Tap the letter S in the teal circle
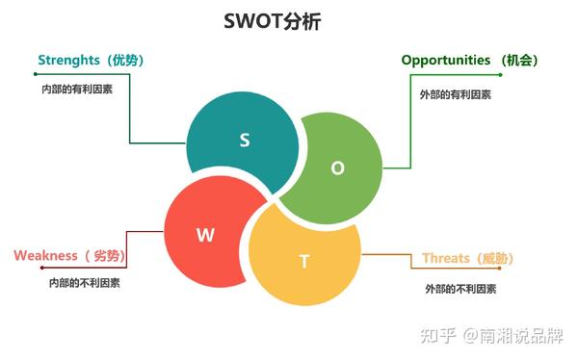(x=245, y=141)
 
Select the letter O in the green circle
(x=337, y=167)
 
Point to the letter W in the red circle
(x=205, y=233)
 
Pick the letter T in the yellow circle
(x=304, y=261)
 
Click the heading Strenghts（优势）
(x=91, y=61)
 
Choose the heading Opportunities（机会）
(x=469, y=61)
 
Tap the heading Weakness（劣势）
(x=69, y=255)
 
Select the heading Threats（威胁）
(x=467, y=258)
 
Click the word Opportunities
(x=446, y=61)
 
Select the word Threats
(x=446, y=258)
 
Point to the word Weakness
(x=45, y=255)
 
